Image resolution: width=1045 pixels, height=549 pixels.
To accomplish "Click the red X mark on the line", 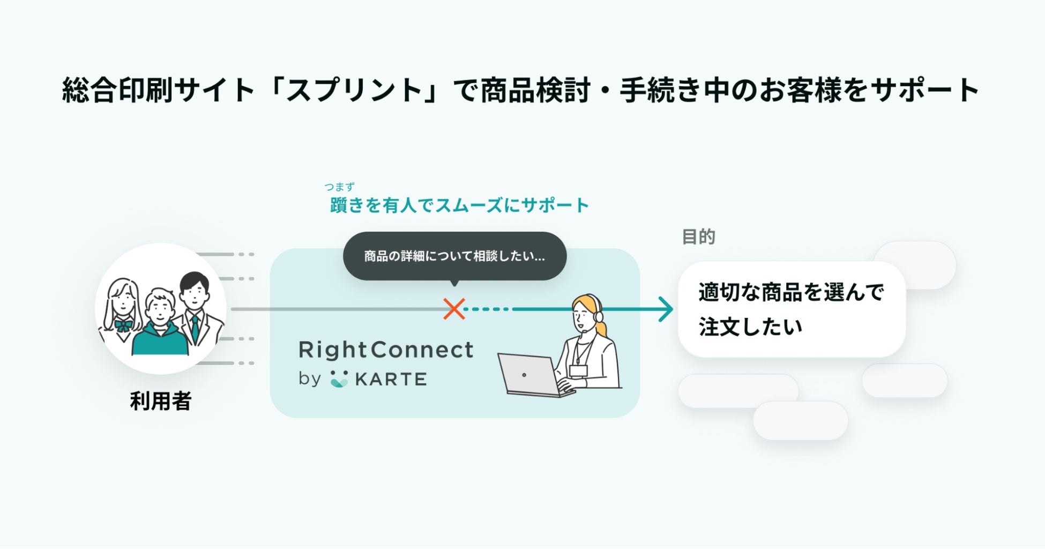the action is coord(454,309).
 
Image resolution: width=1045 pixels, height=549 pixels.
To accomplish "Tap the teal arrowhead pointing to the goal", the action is coord(666,309).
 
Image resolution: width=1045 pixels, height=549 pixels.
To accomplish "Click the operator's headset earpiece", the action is coord(599,316).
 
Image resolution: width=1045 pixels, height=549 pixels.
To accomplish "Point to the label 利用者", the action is coord(161,401).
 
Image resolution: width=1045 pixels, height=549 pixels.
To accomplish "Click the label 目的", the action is coord(698,236).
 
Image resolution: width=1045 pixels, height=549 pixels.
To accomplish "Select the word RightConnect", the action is coord(386,350).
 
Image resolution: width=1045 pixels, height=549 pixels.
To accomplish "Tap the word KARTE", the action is coord(391,379).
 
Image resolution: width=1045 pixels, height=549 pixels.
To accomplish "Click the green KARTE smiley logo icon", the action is coord(339,379).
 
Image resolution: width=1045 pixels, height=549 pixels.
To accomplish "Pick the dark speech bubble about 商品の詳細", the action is coord(454,256).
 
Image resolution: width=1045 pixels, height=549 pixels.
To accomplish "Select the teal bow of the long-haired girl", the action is coord(123,325).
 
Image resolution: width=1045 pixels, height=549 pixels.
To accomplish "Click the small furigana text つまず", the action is coord(339,187).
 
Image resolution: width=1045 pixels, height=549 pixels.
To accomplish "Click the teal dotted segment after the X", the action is coord(487,309).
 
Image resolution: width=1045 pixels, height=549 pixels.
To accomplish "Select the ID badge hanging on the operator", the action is coord(578,370).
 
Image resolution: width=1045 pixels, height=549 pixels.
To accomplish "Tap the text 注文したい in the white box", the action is coord(750,327).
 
